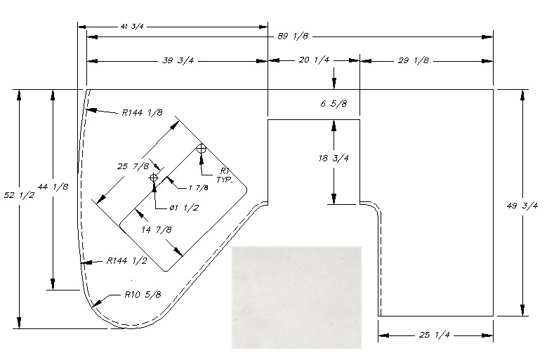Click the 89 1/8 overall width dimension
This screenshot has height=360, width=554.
pos(293,36)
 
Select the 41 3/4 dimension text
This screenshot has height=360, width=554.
pos(132,27)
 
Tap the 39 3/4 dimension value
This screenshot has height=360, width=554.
pos(178,61)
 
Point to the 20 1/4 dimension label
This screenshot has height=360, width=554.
pos(314,60)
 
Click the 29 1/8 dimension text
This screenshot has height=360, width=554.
pos(414,61)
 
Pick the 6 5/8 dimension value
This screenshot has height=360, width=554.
pos(334,104)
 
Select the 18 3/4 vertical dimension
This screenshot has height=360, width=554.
pos(334,159)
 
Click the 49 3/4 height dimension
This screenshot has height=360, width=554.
pos(522,206)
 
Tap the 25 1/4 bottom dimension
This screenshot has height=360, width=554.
pos(434,335)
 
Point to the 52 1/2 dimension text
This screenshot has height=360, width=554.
pos(19,195)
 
